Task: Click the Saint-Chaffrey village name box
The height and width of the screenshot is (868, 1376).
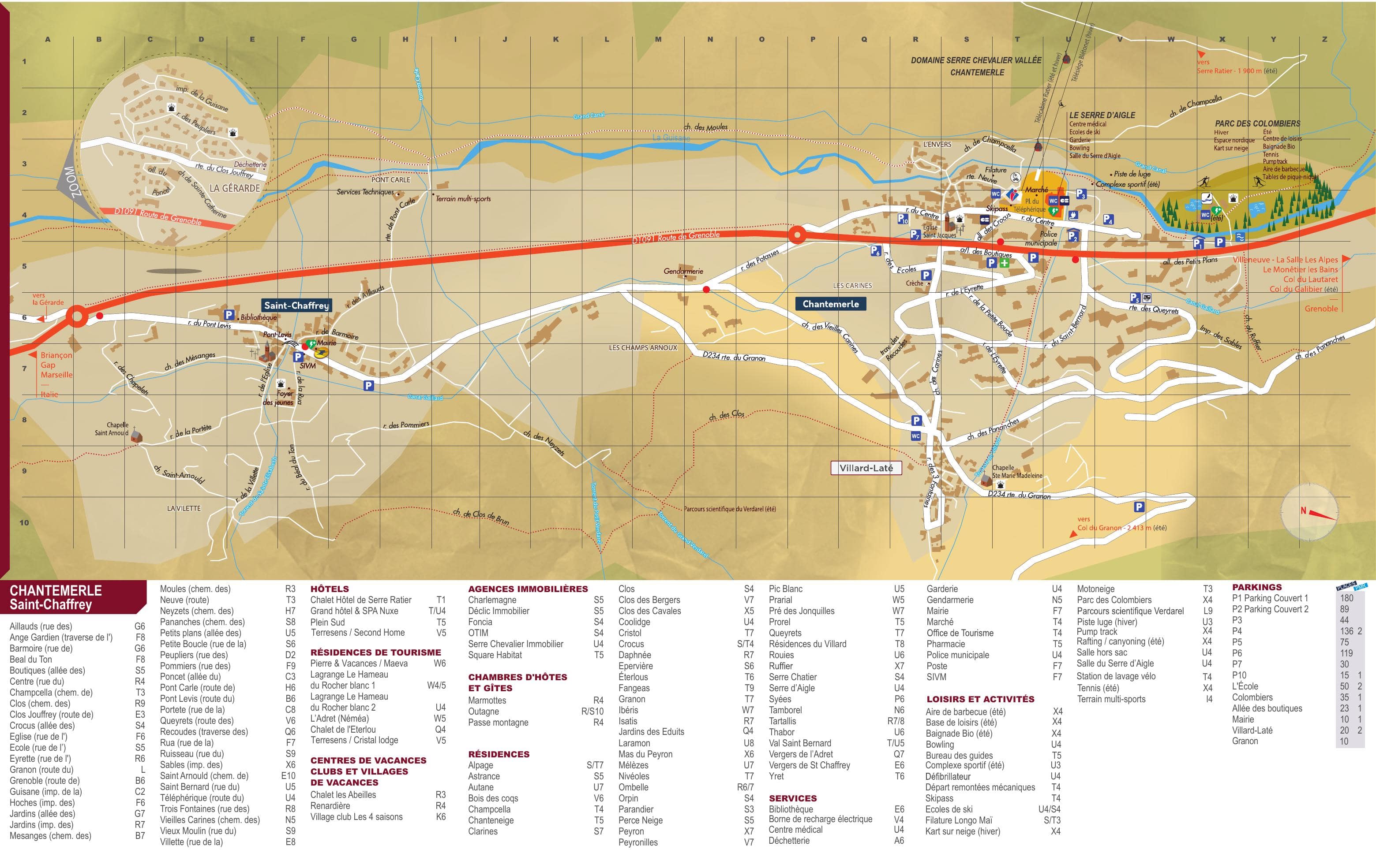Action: [x=296, y=305]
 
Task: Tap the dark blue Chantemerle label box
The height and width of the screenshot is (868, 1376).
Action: [x=830, y=304]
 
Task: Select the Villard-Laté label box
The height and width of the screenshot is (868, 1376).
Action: [x=866, y=468]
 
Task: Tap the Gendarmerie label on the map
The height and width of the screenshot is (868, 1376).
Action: [x=683, y=271]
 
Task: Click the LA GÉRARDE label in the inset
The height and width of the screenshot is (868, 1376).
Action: [x=234, y=188]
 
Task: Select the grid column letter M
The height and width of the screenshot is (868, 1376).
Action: [x=658, y=39]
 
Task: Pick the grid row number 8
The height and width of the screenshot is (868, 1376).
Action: [x=24, y=420]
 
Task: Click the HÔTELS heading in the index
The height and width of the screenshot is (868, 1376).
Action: [x=329, y=589]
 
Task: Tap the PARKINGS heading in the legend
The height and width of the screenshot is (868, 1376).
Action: [x=1256, y=587]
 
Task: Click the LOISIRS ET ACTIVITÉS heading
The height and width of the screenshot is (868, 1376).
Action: [x=980, y=699]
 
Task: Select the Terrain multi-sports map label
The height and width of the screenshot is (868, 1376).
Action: [x=463, y=199]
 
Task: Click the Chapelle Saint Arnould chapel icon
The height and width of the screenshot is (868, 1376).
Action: [x=136, y=436]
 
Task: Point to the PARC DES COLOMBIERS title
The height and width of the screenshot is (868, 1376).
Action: [x=1257, y=123]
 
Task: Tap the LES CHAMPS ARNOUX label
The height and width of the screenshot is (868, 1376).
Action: [x=642, y=347]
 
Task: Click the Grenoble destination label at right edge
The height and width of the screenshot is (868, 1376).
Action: [x=1320, y=309]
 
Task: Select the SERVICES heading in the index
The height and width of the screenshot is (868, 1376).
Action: [x=793, y=798]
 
